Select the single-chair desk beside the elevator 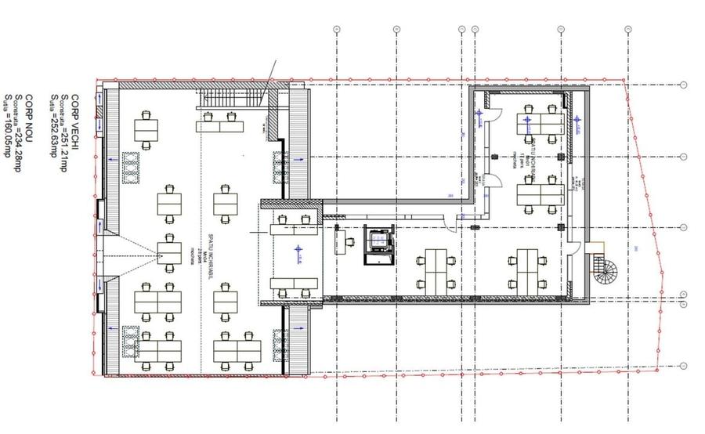tap(342, 241)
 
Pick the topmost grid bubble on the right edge tap(684, 85)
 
